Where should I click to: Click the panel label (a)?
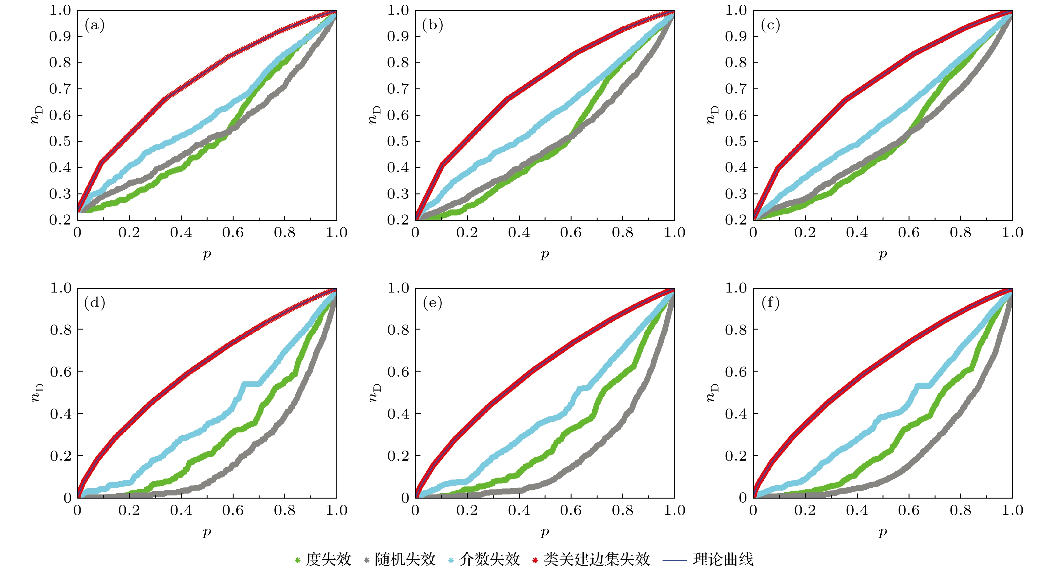click(x=94, y=25)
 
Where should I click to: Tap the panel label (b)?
click(x=432, y=25)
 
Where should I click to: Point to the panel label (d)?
click(x=94, y=303)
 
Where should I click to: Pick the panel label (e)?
click(x=432, y=303)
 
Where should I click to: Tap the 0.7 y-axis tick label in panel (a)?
click(x=60, y=89)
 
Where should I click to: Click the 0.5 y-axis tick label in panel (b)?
click(x=398, y=141)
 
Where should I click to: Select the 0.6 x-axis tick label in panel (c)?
click(x=909, y=233)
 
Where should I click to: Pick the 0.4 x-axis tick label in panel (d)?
click(x=181, y=510)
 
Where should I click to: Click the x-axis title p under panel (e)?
click(x=545, y=531)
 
